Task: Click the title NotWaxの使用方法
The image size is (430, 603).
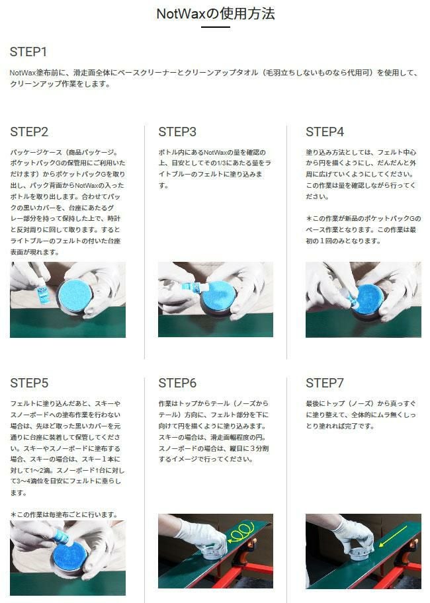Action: point(216,13)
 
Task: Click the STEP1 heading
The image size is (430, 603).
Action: point(28,52)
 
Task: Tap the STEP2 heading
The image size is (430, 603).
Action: point(29,132)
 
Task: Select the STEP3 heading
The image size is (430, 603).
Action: point(177,132)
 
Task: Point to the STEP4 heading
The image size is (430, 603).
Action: point(325,132)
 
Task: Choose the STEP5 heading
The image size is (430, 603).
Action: point(29,383)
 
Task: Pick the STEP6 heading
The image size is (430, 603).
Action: point(177,383)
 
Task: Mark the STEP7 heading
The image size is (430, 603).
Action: point(325,383)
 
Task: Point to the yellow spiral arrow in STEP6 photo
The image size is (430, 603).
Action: point(241,532)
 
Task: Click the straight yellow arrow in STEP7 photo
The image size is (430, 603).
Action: point(393,536)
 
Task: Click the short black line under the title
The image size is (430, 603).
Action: point(216,27)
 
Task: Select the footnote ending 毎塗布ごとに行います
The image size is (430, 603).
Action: point(64,514)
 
